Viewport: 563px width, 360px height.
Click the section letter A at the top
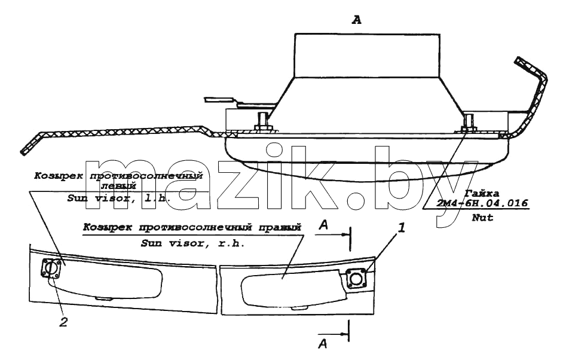click(357, 20)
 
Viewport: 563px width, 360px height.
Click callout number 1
click(402, 228)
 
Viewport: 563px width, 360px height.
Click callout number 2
click(63, 322)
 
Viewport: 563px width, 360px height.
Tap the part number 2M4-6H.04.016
click(482, 203)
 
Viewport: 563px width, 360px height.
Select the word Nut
click(482, 217)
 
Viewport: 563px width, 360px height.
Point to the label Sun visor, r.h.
click(193, 243)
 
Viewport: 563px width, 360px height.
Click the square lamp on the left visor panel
click(51, 269)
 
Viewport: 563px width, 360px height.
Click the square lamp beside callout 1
click(357, 279)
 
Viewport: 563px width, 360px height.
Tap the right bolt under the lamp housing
click(468, 123)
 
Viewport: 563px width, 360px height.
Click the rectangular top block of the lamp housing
click(368, 56)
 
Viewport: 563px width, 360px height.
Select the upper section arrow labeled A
click(332, 234)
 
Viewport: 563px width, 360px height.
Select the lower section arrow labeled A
click(333, 334)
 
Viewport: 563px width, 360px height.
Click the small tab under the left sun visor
click(103, 297)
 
